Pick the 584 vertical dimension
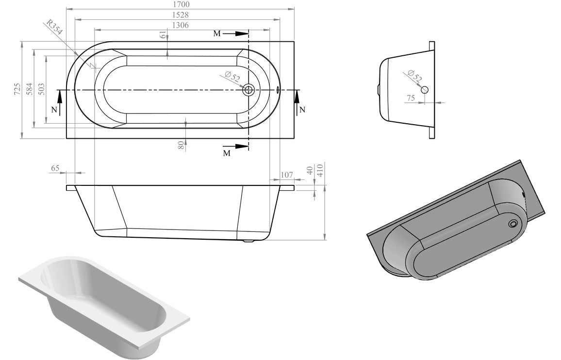pos(30,89)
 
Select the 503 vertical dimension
pos(42,89)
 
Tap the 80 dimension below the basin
pos(181,145)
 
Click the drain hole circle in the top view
pos(249,89)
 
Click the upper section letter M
pos(216,33)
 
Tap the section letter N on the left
pos(54,110)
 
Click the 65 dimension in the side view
pos(55,168)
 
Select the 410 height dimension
pos(320,170)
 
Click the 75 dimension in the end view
pos(411,98)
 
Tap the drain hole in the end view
pos(425,90)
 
